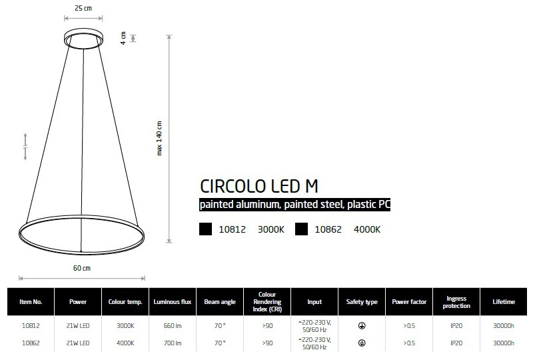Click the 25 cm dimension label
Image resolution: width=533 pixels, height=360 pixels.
click(83, 8)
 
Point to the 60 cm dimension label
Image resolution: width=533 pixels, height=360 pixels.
click(82, 268)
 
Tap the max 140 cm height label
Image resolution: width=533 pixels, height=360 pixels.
click(159, 138)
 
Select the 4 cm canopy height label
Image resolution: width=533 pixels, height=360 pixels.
click(123, 38)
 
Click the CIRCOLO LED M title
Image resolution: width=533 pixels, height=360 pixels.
click(259, 186)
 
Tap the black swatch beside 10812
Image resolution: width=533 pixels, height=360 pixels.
click(205, 229)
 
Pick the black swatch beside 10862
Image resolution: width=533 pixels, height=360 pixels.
click(301, 229)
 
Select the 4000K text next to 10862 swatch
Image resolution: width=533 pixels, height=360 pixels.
click(367, 229)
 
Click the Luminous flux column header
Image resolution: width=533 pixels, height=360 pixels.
click(173, 302)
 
